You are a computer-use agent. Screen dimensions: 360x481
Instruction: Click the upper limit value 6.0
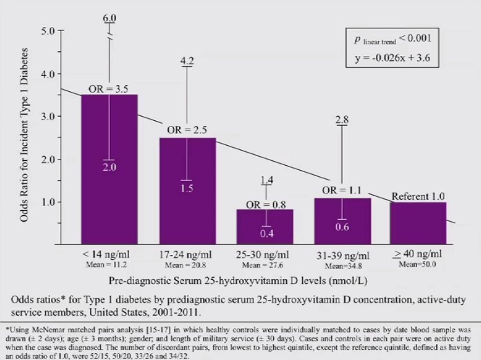pyautogui.click(x=109, y=18)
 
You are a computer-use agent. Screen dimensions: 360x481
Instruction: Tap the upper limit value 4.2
pyautogui.click(x=187, y=61)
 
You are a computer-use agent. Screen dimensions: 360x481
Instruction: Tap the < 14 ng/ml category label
pyautogui.click(x=109, y=255)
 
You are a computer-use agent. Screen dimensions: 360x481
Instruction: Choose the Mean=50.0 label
pyautogui.click(x=419, y=265)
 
